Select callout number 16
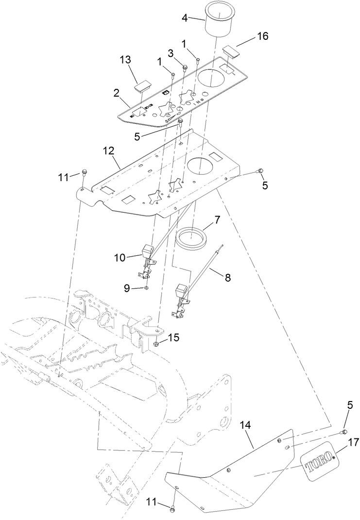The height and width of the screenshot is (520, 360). [262, 36]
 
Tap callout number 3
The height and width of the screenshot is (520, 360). [171, 52]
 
